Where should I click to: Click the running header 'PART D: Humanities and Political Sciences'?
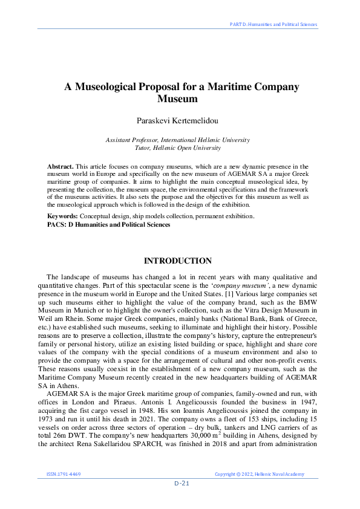[x=273, y=25]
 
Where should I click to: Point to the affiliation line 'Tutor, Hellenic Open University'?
[x=177, y=148]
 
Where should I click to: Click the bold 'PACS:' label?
[x=57, y=224]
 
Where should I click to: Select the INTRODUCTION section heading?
[x=177, y=261]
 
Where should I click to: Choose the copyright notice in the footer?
[x=260, y=475]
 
